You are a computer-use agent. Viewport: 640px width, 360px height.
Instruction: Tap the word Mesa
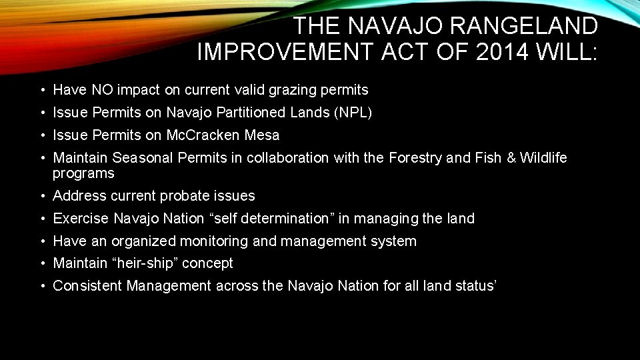[263, 135]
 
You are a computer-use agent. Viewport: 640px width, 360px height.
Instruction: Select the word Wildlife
[543, 158]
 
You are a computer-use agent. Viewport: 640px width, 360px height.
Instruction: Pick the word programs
[83, 173]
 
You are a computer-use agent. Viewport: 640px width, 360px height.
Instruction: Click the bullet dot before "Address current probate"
[42, 197]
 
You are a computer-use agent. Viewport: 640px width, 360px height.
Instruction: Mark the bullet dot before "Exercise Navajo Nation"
[42, 219]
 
